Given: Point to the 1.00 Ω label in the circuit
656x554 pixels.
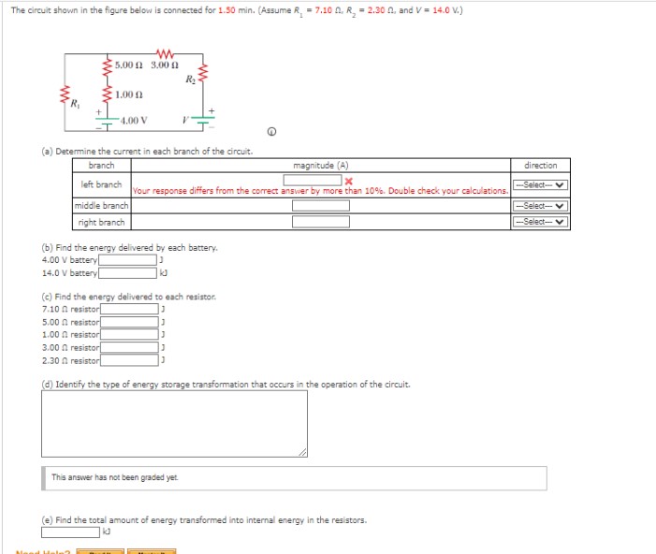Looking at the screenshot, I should [x=129, y=95].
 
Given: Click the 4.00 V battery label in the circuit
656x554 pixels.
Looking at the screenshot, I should [x=134, y=121].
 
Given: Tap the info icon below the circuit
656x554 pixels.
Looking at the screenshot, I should [x=272, y=131].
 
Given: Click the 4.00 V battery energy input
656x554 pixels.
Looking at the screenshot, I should [x=129, y=260].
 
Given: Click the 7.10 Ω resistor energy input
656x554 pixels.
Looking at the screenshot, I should [x=130, y=308].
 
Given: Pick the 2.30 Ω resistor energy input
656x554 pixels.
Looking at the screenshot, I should [x=130, y=359].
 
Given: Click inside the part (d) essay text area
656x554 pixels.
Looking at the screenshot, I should [x=174, y=424].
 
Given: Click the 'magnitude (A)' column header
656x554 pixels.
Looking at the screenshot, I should [x=320, y=165].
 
